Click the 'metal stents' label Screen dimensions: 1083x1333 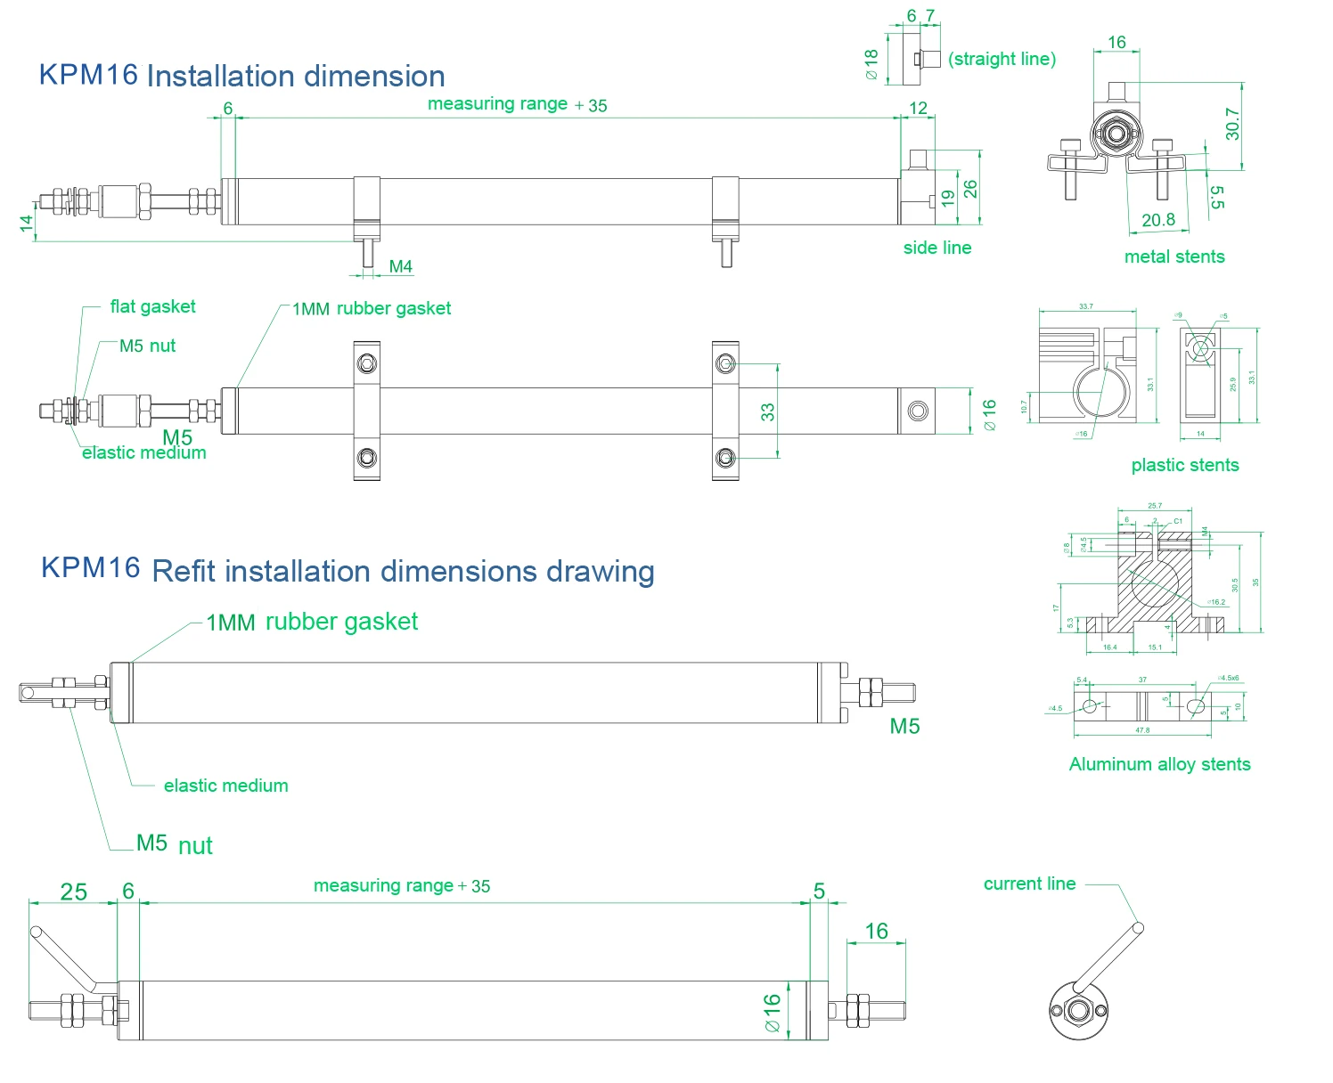tap(1174, 256)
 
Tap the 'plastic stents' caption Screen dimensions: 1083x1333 tap(1184, 465)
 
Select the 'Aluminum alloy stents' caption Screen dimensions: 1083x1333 tap(1159, 764)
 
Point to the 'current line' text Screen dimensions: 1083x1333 tap(1029, 883)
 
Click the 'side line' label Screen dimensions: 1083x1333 tap(936, 248)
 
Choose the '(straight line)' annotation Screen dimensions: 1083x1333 tap(1002, 59)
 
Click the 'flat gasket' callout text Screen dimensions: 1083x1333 tap(152, 306)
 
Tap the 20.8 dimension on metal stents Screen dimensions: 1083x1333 tap(1157, 219)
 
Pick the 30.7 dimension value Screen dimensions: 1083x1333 tap(1231, 124)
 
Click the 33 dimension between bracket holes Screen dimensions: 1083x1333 tap(767, 411)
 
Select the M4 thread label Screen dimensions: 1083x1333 tap(400, 266)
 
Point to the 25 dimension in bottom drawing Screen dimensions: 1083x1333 tap(73, 892)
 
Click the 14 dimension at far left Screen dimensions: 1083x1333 tap(27, 223)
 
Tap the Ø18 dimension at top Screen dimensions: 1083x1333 tap(871, 65)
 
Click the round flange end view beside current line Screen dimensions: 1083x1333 tap(1077, 1011)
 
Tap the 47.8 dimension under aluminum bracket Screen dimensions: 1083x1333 tap(1142, 730)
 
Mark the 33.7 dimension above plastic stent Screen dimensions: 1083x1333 tap(1085, 306)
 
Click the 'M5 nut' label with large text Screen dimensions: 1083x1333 tap(174, 844)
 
